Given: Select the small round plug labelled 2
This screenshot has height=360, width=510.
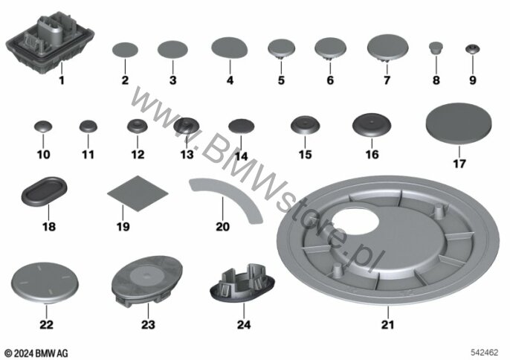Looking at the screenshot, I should click(x=125, y=51).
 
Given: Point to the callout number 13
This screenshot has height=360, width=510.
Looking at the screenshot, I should click(x=186, y=155).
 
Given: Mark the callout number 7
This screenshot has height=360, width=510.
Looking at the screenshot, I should click(x=387, y=80).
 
